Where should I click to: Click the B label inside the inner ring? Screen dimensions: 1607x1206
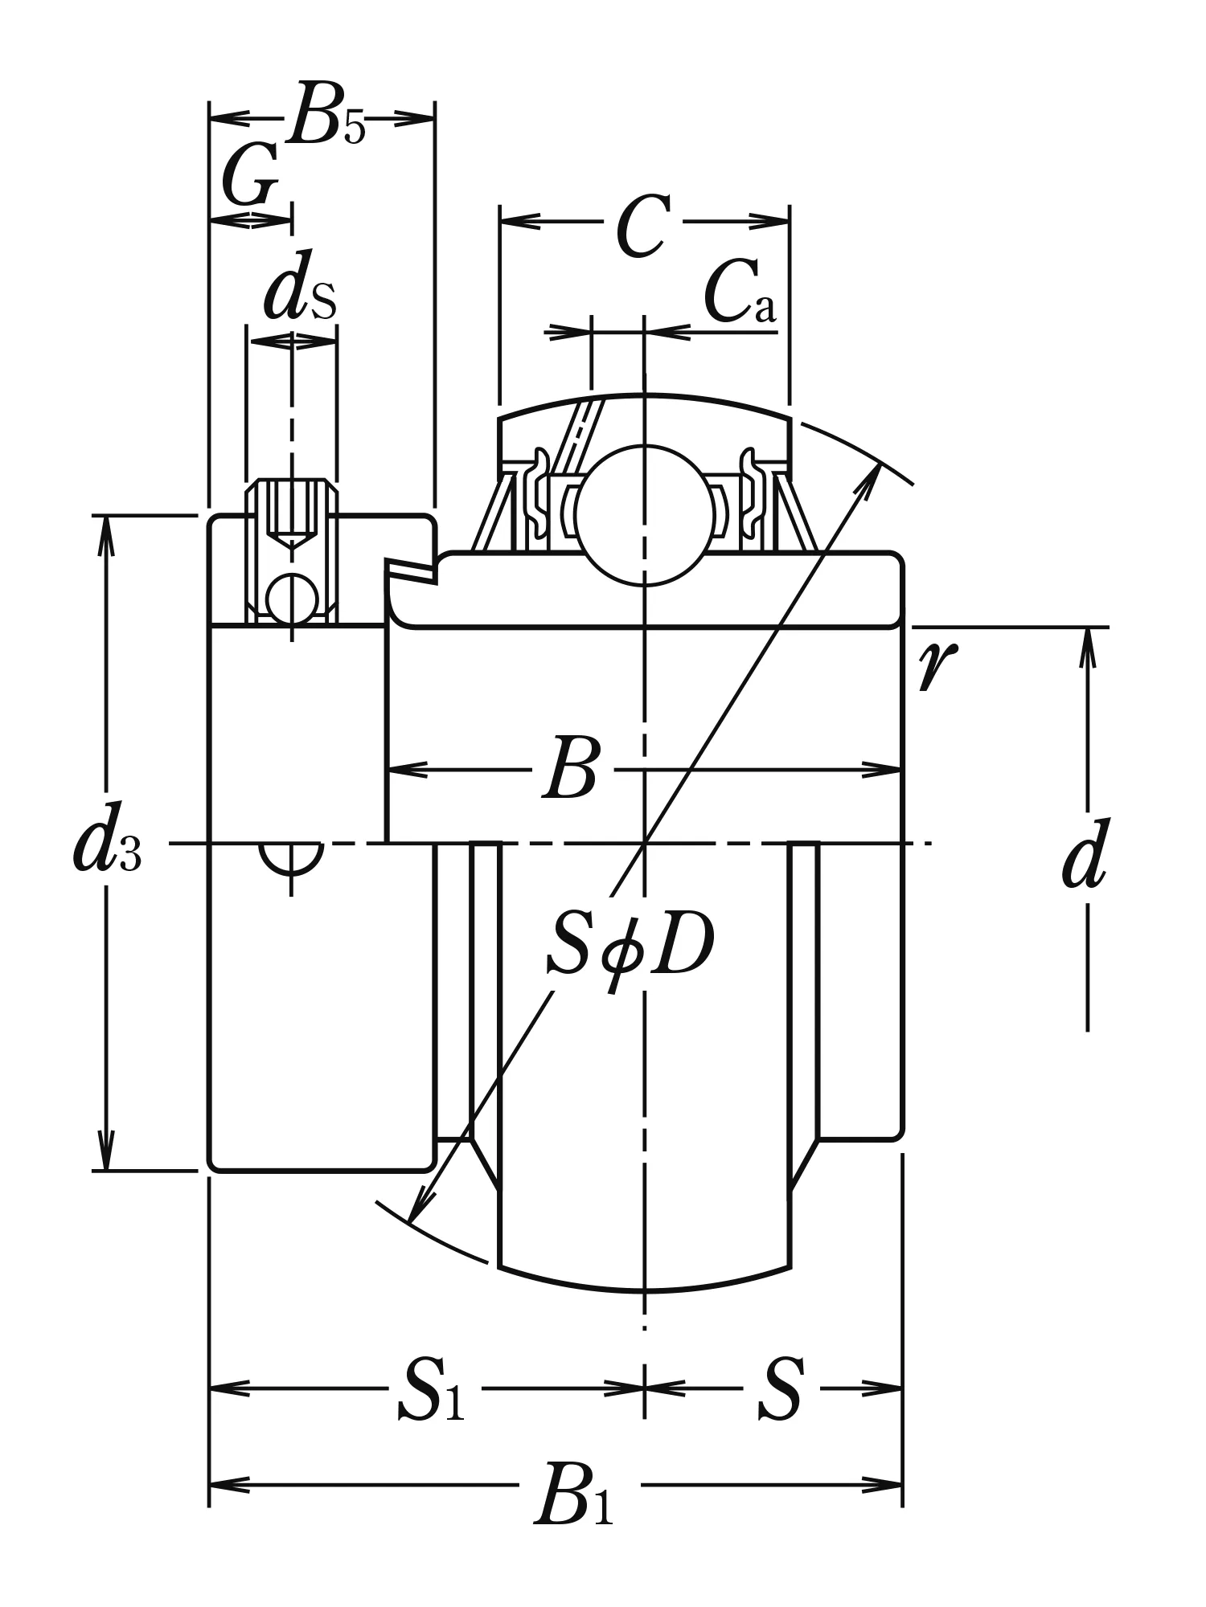point(572,771)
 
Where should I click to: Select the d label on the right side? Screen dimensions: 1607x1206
point(1085,857)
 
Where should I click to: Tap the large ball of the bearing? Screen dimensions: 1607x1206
point(643,515)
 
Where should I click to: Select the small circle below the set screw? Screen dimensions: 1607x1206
point(291,599)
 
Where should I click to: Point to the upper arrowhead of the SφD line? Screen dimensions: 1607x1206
point(872,478)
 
